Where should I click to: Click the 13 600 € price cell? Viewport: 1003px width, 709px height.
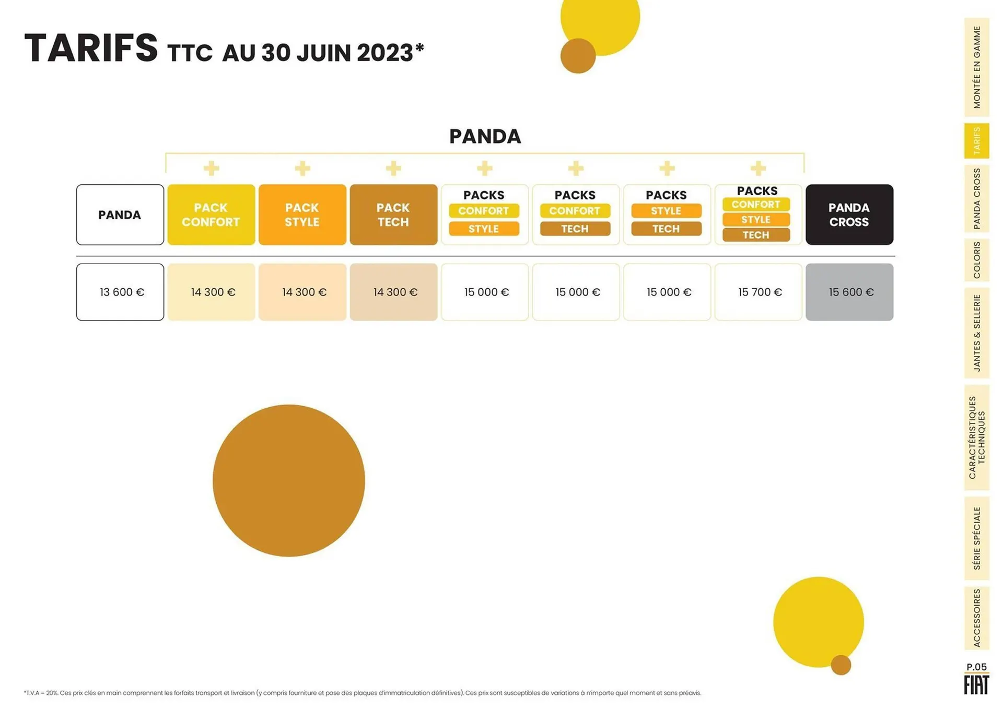pos(120,292)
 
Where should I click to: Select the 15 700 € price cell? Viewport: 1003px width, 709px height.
pos(759,292)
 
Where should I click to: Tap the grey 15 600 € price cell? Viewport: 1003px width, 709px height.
pos(849,292)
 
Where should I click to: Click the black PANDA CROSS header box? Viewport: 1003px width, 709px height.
pos(849,215)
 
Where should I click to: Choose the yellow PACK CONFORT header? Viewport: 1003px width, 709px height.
pos(211,215)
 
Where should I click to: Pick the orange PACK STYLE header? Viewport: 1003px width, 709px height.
pos(302,215)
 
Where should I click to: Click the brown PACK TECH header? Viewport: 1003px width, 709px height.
pos(393,215)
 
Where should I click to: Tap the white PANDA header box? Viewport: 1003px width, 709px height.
pos(120,215)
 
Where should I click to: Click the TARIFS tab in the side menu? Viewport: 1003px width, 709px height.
pos(976,141)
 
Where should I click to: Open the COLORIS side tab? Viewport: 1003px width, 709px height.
pos(976,260)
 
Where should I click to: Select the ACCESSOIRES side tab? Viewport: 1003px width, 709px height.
pos(976,618)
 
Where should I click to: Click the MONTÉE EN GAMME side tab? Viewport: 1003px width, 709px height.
pos(976,67)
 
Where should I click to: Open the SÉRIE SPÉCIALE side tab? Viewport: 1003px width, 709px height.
pos(976,538)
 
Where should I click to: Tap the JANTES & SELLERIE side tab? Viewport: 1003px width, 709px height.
pos(976,333)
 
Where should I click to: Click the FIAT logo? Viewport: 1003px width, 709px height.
pos(976,685)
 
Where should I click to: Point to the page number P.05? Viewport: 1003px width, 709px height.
pos(976,667)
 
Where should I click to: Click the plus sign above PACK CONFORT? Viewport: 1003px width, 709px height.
pos(212,168)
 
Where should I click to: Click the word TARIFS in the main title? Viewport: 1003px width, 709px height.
pos(91,49)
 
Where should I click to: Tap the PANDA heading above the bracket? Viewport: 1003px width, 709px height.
pos(485,136)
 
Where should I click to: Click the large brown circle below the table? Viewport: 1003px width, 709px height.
pos(289,480)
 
